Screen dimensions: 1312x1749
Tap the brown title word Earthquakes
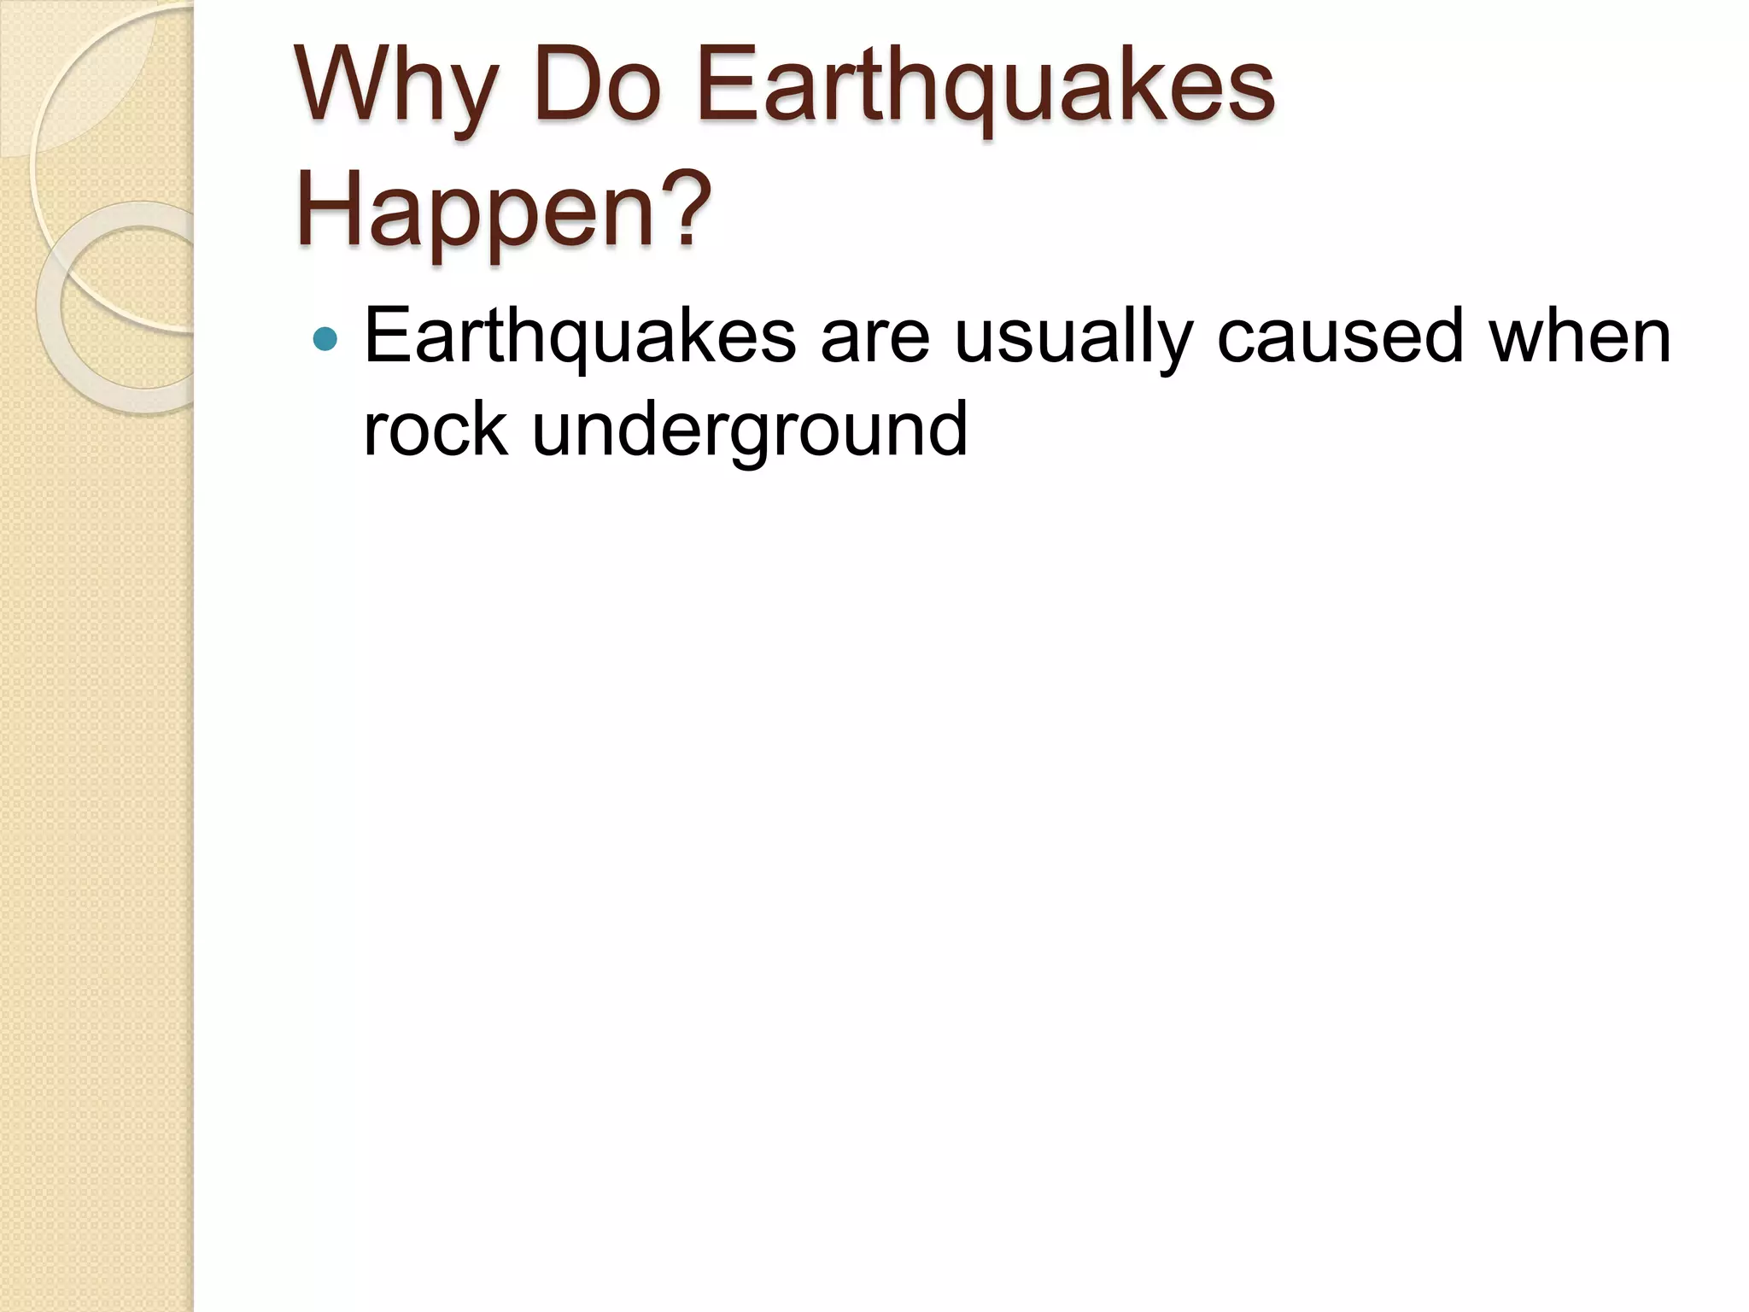point(985,85)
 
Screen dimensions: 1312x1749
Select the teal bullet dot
point(325,339)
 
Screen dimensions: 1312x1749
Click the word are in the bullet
point(874,337)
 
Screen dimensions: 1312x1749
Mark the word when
point(1579,337)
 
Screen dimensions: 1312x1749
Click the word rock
point(436,430)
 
